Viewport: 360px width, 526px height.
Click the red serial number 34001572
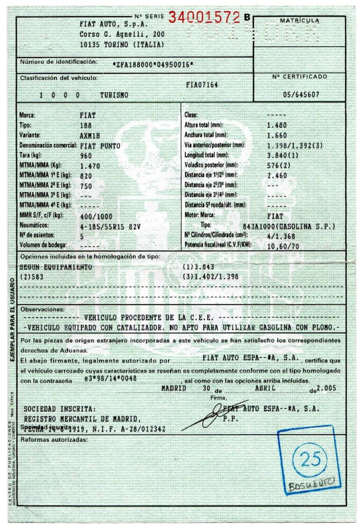(x=205, y=17)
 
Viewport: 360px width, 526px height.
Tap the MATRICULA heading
(x=299, y=20)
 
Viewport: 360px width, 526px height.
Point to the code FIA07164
(x=202, y=85)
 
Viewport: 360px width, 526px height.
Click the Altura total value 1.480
(x=277, y=125)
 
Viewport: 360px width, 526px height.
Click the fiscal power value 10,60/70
(x=283, y=246)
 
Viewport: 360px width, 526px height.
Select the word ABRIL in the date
(x=265, y=388)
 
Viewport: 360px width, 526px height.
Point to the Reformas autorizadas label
(x=54, y=440)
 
